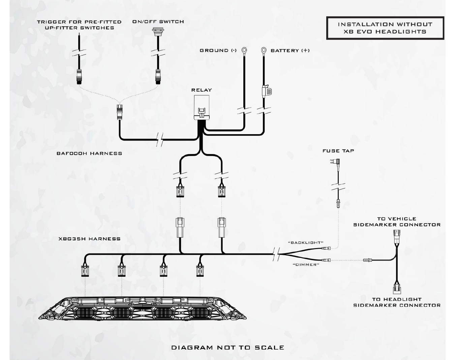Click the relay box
coord(202,108)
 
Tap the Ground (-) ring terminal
coord(244,51)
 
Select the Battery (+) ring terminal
coord(264,51)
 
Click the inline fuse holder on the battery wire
coord(266,91)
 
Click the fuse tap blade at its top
coord(336,162)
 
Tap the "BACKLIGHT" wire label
coord(306,243)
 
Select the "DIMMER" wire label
coord(306,265)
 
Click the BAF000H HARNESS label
coord(89,153)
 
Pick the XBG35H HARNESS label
coord(89,239)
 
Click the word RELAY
coord(202,90)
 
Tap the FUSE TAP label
coord(338,151)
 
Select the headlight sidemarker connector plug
coord(397,289)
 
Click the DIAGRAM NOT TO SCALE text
coord(228,348)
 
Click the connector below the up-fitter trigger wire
coord(79,76)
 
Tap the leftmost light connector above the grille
coord(85,271)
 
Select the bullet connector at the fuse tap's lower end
coord(338,204)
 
